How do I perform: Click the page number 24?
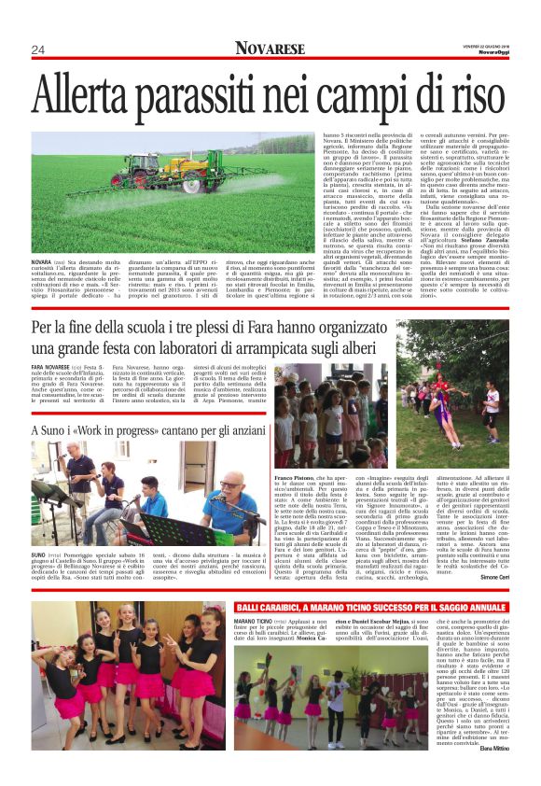tap(39, 49)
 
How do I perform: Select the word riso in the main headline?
tap(470, 96)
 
